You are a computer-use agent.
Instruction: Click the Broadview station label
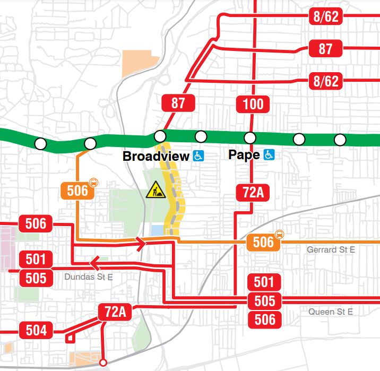(x=156, y=156)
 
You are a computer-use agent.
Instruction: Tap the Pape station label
(x=245, y=155)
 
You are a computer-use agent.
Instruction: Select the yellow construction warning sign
(x=156, y=189)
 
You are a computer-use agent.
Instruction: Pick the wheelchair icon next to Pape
(x=269, y=155)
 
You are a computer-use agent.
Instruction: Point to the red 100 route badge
(x=253, y=103)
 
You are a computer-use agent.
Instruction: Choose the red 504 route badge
(x=36, y=331)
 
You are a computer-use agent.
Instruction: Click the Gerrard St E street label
(x=331, y=249)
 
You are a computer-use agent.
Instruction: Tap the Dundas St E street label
(x=88, y=277)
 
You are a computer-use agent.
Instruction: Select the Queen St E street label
(x=331, y=312)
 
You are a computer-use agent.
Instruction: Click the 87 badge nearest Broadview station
(x=178, y=102)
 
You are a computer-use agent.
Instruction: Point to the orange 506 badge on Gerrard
(x=263, y=243)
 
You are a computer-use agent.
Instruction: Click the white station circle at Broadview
(x=160, y=137)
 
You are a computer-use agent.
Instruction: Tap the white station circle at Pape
(x=250, y=138)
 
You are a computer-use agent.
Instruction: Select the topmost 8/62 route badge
(x=325, y=16)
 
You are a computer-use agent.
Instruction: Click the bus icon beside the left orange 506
(x=94, y=182)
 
